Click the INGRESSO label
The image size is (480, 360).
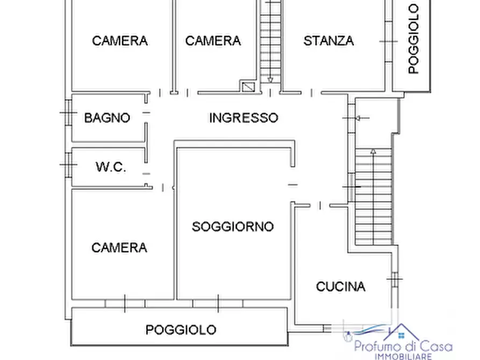(x=243, y=118)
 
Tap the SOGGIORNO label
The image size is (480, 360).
(x=233, y=227)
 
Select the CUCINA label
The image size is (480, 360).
(x=340, y=286)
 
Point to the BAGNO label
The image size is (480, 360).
(x=107, y=118)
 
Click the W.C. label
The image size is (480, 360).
(x=111, y=167)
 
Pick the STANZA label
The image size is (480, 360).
(x=328, y=41)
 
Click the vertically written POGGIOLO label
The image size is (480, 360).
(x=413, y=39)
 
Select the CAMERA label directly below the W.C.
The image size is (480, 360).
(x=119, y=248)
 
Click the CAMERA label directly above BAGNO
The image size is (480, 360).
(x=119, y=41)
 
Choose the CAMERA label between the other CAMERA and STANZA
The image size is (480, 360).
(x=213, y=41)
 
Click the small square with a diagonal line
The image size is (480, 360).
(x=248, y=86)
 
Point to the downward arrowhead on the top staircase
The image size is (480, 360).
(x=270, y=81)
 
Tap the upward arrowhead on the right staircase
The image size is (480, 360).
(x=373, y=153)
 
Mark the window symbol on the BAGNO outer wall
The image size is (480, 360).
(x=67, y=113)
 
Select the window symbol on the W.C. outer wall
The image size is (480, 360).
(x=67, y=162)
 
